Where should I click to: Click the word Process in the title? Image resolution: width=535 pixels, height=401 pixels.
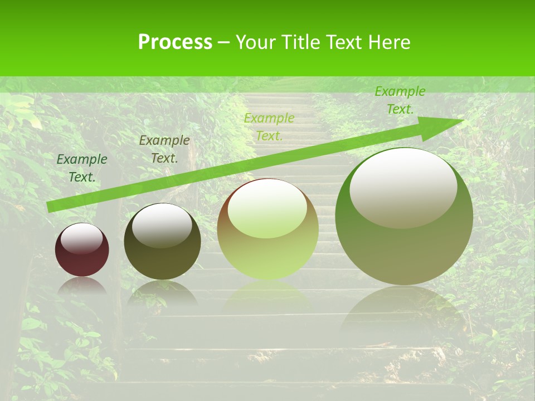[x=175, y=42]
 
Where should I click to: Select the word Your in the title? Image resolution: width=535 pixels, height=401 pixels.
[x=256, y=42]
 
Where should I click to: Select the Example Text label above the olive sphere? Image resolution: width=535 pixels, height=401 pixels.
[x=164, y=149]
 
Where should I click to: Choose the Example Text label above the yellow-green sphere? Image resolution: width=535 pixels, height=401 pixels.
[x=269, y=127]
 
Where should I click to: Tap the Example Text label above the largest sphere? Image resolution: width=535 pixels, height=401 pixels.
[x=400, y=100]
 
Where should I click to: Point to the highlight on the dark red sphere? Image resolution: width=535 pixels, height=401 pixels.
[x=82, y=238]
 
